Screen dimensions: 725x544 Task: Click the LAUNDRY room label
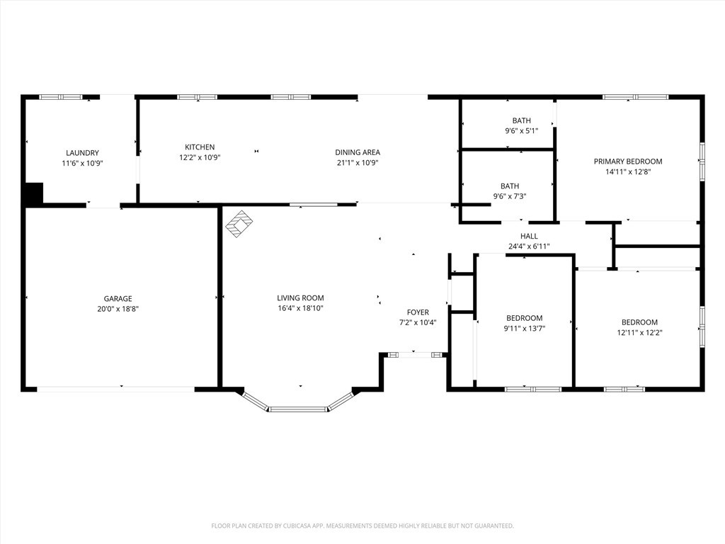coord(82,153)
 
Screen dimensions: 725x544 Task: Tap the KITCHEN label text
coord(200,147)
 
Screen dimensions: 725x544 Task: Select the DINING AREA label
coord(358,152)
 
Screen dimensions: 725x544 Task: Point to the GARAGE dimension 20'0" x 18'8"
coord(118,309)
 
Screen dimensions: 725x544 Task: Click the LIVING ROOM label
coord(300,298)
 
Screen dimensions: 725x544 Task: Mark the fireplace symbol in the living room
coord(239,224)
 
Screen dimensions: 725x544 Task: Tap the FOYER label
coord(418,312)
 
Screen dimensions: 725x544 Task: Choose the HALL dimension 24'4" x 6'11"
coord(529,246)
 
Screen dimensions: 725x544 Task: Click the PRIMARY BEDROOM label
coord(628,161)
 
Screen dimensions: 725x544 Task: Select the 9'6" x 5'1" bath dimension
coord(522,131)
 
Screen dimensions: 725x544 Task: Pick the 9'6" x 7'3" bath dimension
coord(510,196)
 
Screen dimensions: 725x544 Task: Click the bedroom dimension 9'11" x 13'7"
coord(525,329)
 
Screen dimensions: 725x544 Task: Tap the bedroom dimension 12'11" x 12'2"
coord(639,333)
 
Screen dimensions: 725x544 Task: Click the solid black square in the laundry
coord(33,193)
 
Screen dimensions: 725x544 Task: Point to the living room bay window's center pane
coord(298,409)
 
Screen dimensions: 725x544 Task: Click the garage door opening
coord(115,390)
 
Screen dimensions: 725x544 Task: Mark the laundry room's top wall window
coord(61,97)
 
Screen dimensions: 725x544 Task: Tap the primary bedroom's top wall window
coord(635,97)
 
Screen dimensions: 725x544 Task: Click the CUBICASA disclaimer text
coord(362,526)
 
